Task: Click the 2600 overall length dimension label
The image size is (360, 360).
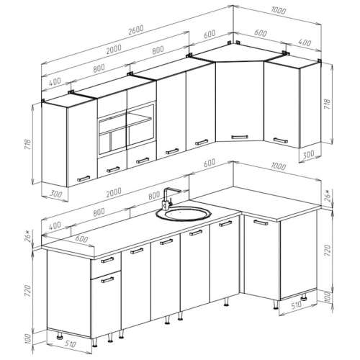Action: (136, 30)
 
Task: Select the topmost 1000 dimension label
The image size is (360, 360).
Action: (279, 11)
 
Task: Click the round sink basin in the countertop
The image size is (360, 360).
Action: (184, 214)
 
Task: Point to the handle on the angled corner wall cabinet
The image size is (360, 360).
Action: (240, 137)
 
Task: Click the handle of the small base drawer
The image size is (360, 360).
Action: (107, 260)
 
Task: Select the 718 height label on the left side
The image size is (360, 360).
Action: (28, 144)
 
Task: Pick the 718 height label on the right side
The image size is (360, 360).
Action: (328, 104)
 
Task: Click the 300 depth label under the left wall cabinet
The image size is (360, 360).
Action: (55, 194)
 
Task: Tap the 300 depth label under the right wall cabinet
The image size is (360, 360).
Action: (308, 155)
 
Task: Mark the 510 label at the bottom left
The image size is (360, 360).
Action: (70, 344)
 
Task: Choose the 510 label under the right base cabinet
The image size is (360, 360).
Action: (297, 305)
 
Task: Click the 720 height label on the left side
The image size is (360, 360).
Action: (28, 291)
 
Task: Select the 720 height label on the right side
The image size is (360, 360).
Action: (328, 251)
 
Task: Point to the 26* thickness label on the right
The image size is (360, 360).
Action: (328, 196)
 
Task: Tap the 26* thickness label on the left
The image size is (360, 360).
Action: (27, 236)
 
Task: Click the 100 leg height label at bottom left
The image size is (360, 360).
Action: (28, 339)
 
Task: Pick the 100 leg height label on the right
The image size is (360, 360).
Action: (328, 297)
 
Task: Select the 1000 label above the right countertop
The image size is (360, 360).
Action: (278, 166)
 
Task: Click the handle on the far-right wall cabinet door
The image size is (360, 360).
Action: (280, 140)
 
